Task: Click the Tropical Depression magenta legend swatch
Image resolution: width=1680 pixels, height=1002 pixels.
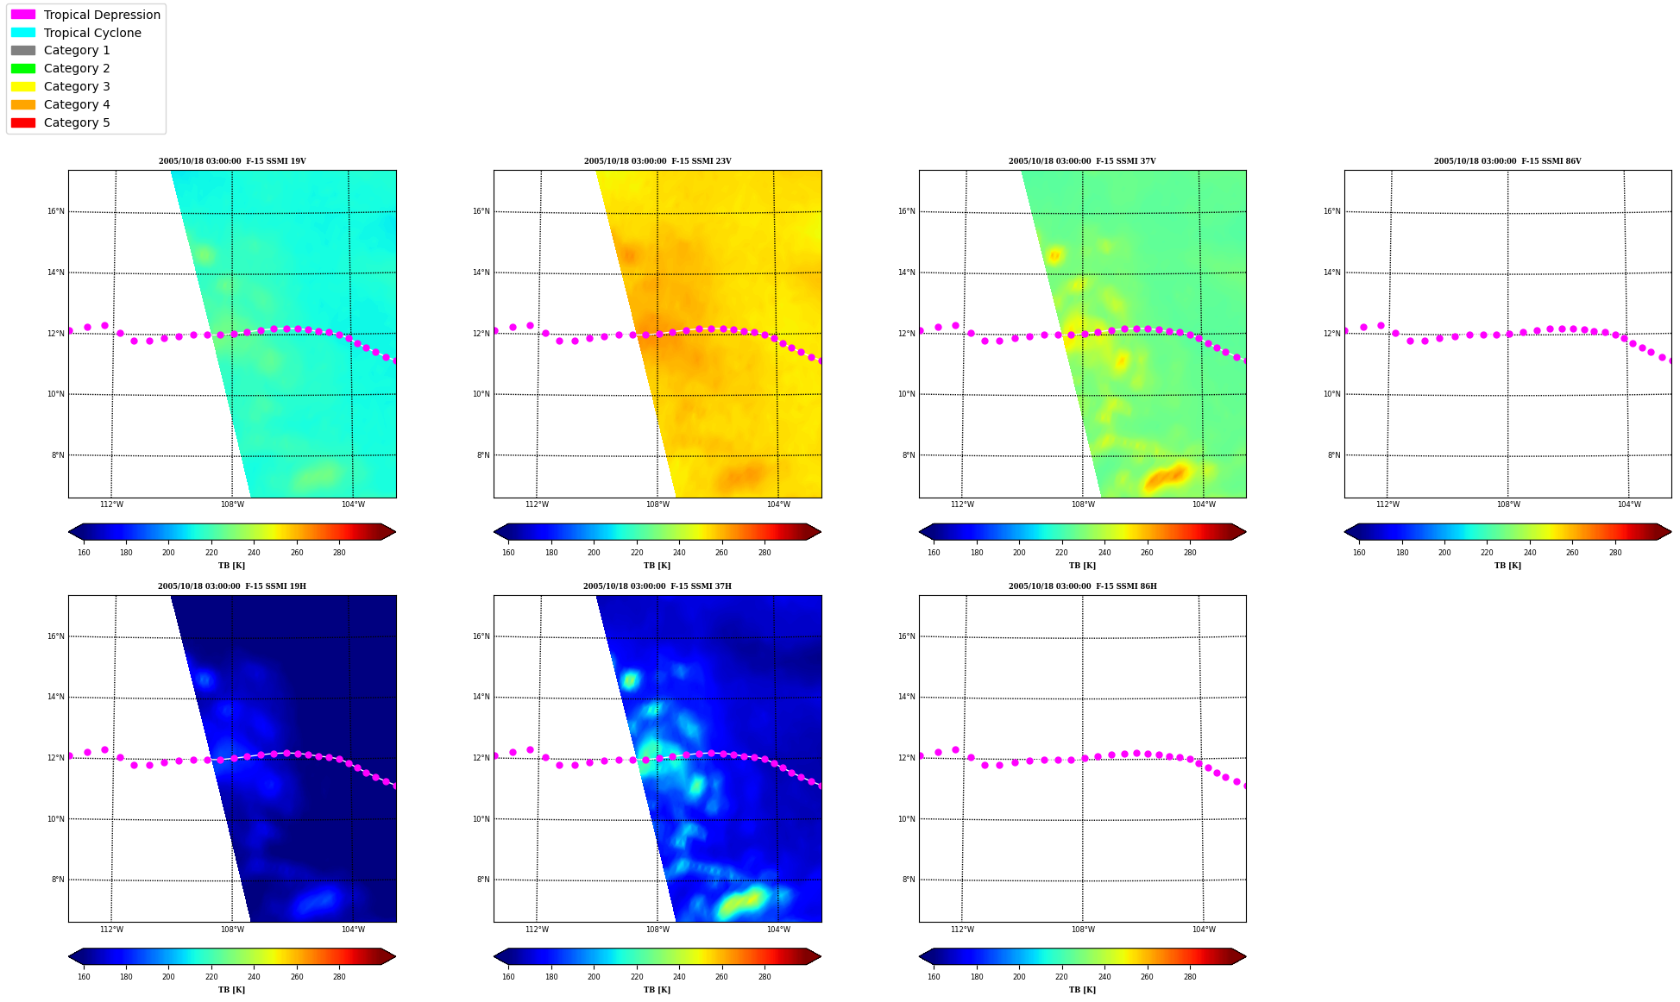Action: coord(23,15)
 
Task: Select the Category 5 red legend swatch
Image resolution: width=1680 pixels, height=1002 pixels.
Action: coord(23,122)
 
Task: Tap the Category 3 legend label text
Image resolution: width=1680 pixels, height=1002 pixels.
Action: coord(77,86)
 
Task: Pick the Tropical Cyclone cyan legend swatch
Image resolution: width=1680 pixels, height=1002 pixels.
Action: coord(23,33)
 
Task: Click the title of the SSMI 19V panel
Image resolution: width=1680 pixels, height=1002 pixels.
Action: coord(232,161)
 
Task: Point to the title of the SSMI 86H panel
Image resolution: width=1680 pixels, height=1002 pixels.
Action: coord(1083,586)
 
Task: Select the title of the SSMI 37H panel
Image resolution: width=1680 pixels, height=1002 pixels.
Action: coord(658,586)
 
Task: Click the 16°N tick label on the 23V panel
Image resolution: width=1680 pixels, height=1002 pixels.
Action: coord(481,211)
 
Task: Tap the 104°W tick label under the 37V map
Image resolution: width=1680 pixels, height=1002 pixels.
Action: coord(1204,504)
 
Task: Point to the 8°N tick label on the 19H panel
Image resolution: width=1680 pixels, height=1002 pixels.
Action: coord(58,880)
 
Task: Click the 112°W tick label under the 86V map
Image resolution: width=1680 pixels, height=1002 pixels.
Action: coord(1387,504)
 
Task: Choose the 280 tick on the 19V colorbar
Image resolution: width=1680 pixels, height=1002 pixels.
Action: coord(339,553)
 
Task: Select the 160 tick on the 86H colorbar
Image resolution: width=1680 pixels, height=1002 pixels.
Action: coord(934,977)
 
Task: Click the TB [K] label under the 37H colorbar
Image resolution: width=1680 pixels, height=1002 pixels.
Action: coord(657,990)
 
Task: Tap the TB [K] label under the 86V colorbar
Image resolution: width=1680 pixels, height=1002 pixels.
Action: coord(1507,566)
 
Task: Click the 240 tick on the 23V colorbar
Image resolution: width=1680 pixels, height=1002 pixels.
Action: coord(679,553)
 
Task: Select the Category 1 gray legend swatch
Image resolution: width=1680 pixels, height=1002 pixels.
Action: coord(23,51)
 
